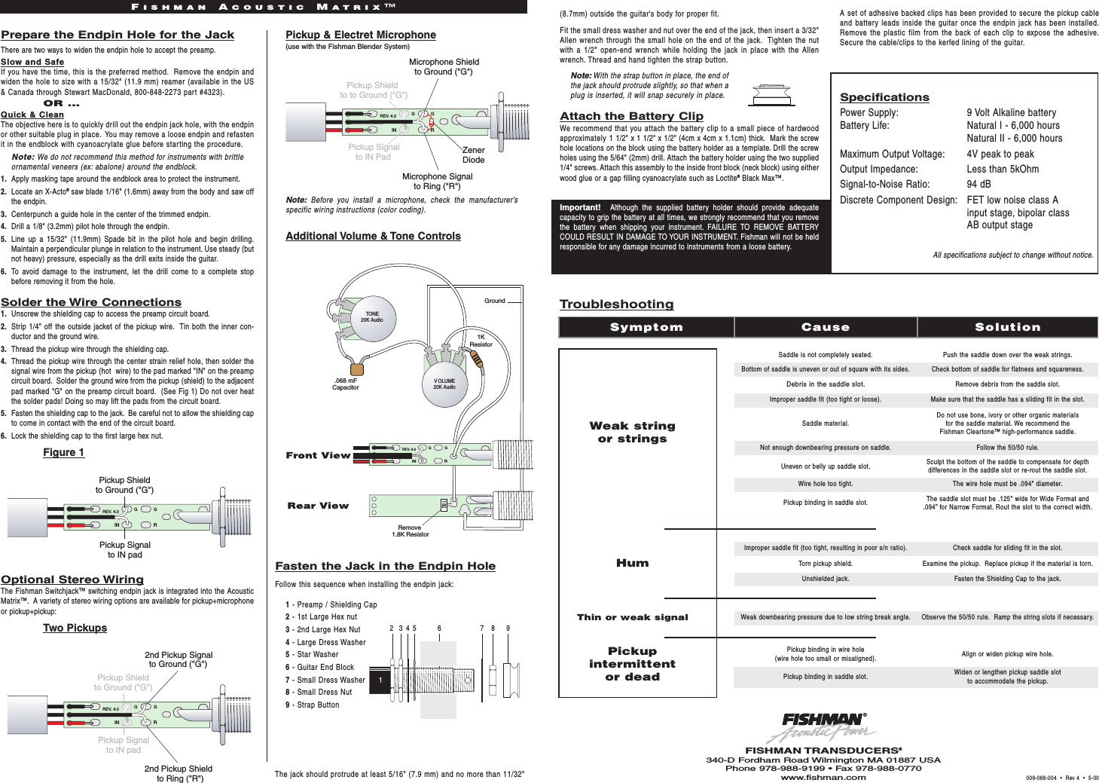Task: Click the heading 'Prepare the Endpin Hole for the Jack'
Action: point(118,35)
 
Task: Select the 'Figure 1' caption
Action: point(63,452)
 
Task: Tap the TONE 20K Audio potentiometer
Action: point(371,317)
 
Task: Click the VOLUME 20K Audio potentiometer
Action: point(444,383)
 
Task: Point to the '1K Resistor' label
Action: point(481,341)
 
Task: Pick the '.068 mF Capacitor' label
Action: point(346,384)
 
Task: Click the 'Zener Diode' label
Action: point(473,154)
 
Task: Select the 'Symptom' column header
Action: point(646,327)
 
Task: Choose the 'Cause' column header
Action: point(825,327)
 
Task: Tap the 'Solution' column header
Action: point(1007,327)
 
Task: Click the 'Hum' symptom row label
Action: point(632,563)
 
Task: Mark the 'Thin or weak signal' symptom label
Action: point(632,617)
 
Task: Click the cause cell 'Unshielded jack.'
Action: point(825,579)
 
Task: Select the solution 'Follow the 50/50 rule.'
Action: point(1007,448)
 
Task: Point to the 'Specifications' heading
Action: point(884,97)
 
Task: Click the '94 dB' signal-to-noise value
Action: point(978,184)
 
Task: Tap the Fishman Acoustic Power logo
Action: point(823,727)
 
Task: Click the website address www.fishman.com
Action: point(823,778)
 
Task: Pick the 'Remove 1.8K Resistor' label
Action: point(410,531)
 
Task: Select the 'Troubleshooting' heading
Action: point(616,304)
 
